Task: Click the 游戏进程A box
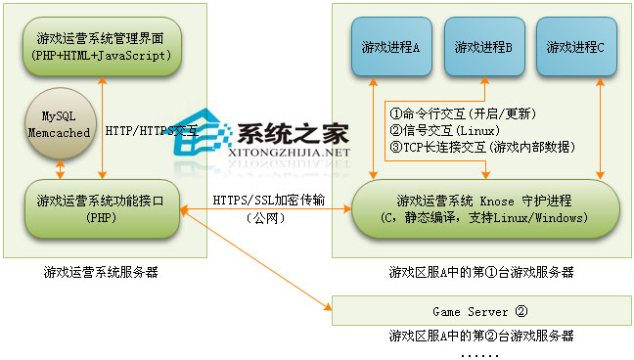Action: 389,47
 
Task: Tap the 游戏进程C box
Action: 575,47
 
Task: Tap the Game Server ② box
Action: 479,312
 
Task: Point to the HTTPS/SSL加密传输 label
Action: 268,202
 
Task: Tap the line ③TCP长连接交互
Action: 479,147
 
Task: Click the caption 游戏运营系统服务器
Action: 101,272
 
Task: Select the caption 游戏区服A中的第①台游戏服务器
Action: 480,272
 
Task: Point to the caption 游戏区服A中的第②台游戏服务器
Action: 480,336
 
